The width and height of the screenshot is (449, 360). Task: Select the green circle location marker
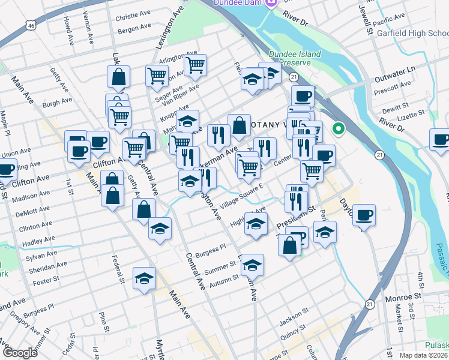pos(339,128)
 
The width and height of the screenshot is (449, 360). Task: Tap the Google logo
pos(19,353)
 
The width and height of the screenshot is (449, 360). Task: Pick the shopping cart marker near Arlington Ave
pos(195,64)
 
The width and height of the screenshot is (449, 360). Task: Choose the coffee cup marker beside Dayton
pos(364,214)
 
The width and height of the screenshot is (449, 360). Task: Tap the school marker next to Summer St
pos(253,263)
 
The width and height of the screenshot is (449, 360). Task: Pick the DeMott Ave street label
pos(34,211)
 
